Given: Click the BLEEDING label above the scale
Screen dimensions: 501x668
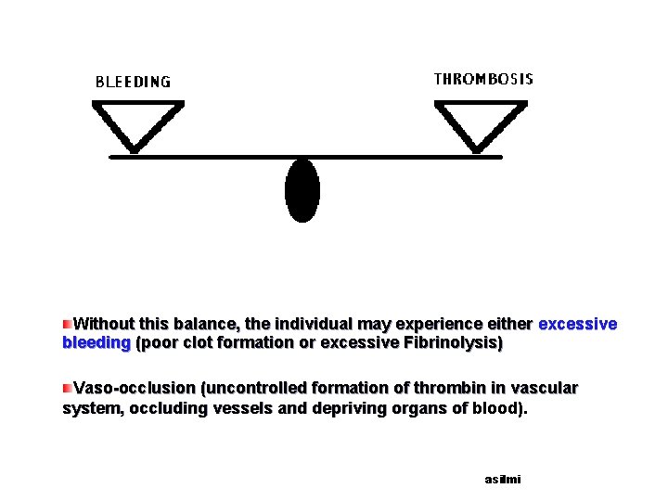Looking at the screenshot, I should [134, 82].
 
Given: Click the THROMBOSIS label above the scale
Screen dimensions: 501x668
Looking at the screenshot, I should [483, 79].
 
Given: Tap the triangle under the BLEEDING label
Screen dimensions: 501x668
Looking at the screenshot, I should [137, 124].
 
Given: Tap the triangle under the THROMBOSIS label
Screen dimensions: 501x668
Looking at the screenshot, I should [479, 124].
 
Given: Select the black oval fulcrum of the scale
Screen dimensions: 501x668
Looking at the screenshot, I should [302, 190].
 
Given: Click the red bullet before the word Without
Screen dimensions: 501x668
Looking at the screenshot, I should [67, 324].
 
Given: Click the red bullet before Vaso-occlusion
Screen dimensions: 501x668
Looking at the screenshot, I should [67, 386].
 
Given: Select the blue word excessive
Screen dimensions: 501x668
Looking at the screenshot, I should [577, 325].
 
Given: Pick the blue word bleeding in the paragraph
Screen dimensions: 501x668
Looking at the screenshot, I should [96, 343].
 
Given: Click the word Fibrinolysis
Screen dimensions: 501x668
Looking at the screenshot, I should [454, 343].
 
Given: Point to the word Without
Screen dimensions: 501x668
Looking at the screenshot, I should [106, 325].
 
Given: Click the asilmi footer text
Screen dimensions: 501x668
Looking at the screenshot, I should [503, 480].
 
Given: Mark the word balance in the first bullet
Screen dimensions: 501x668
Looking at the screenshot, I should [206, 325].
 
